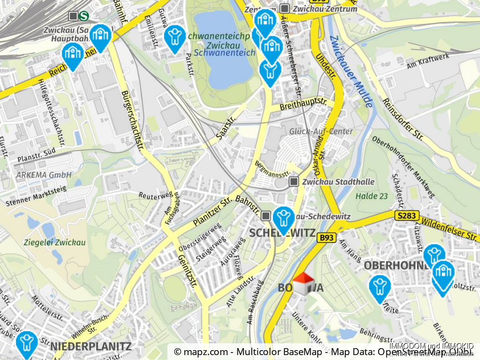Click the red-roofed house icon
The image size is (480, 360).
304,284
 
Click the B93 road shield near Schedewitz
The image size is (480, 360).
326,238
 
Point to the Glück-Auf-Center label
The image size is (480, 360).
321,131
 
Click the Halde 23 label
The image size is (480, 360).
372,196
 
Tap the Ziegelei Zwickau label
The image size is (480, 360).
55,242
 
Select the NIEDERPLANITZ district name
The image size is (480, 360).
91,346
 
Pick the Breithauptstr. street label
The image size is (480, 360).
303,104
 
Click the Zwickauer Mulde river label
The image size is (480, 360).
352,72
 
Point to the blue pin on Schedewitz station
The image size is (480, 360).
284,218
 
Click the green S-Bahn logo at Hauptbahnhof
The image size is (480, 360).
85,16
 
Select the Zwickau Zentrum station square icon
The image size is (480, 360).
285,8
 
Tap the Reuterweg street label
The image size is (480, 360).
155,195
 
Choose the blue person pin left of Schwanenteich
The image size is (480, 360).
174,37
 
